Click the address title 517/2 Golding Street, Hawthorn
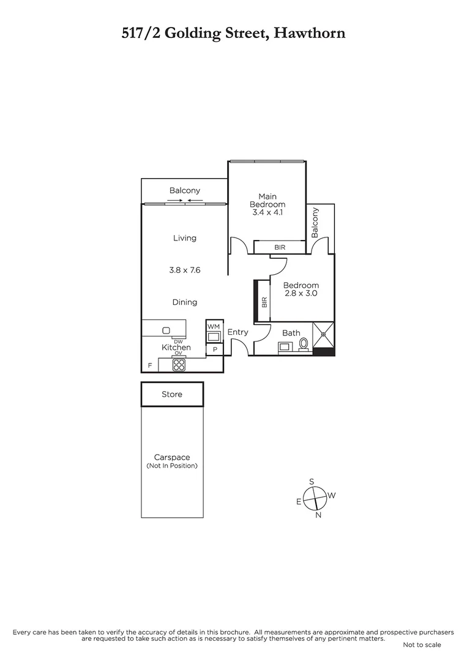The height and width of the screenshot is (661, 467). [x=233, y=32]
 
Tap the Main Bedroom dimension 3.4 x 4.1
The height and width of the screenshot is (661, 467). [x=267, y=212]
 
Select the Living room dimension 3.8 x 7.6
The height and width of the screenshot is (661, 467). [x=184, y=269]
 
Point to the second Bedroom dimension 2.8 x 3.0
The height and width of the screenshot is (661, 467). [x=301, y=294]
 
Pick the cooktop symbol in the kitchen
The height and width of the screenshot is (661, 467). [x=179, y=365]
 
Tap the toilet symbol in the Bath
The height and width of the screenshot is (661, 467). [x=303, y=345]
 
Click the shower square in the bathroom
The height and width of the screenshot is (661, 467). [x=323, y=334]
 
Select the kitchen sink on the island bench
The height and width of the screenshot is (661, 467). [x=166, y=330]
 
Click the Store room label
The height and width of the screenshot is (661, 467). [x=172, y=394]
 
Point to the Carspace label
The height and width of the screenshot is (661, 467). [x=172, y=457]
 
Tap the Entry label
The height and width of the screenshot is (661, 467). [x=237, y=332]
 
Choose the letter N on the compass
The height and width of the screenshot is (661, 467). [x=318, y=516]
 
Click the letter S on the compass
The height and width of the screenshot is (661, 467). [x=312, y=481]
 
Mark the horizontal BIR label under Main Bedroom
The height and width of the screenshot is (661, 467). [x=280, y=247]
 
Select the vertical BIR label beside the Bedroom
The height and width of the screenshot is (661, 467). [x=264, y=302]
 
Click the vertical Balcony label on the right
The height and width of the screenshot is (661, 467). [x=315, y=223]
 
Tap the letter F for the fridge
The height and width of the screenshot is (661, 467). [x=149, y=365]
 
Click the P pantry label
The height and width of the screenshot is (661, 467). [x=215, y=349]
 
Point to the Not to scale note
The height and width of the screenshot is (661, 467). [x=422, y=644]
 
